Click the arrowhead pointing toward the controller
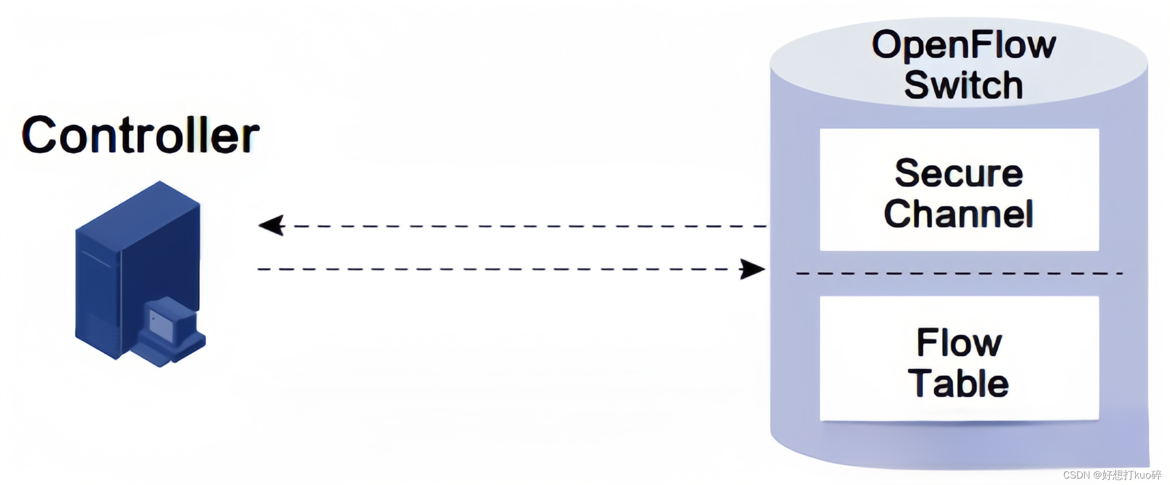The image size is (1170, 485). click(272, 226)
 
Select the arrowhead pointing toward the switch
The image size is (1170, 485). click(752, 269)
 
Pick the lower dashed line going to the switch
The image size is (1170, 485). click(494, 269)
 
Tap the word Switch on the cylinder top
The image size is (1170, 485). click(964, 85)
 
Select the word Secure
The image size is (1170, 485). click(959, 173)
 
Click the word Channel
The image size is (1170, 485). click(959, 214)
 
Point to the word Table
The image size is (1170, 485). click(959, 383)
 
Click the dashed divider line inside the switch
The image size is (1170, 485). click(959, 274)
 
